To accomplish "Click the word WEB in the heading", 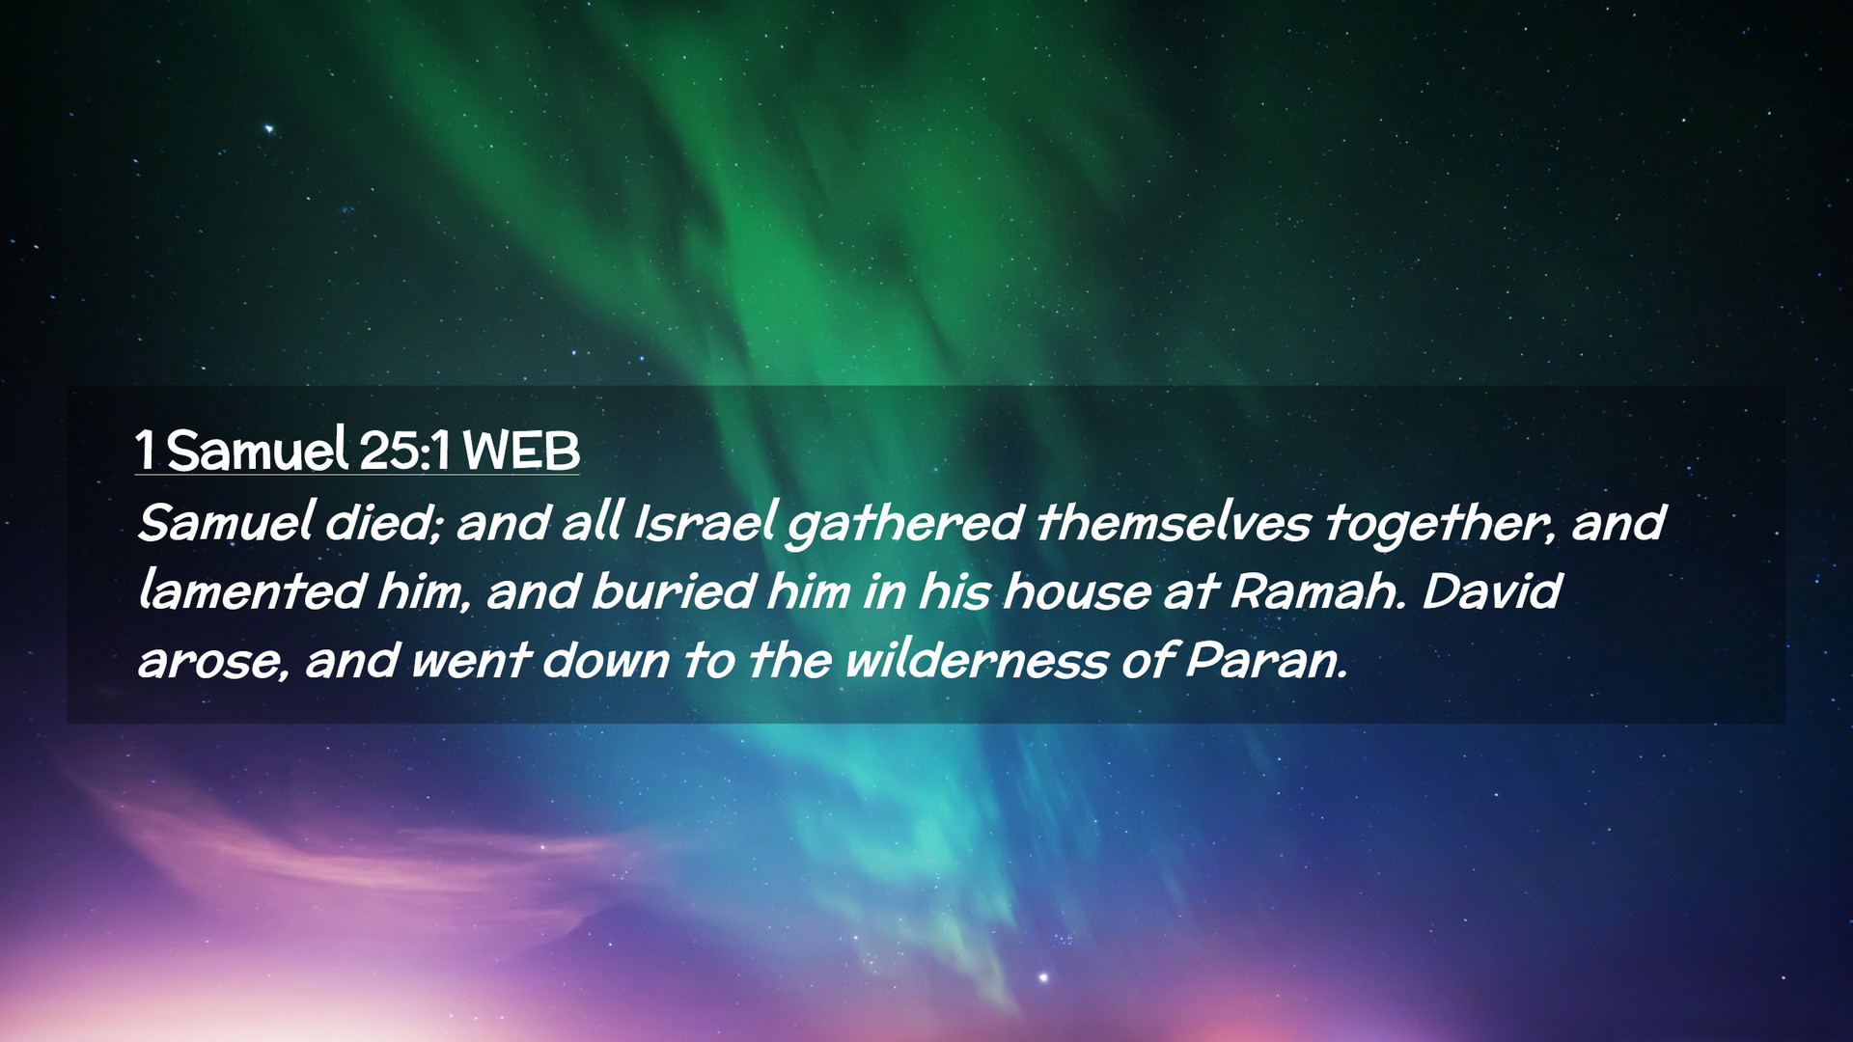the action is click(x=521, y=451).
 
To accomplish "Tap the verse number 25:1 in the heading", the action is click(x=404, y=451).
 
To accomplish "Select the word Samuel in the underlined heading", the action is click(x=257, y=449).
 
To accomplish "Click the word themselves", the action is click(x=1173, y=523).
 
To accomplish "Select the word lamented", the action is click(x=251, y=591).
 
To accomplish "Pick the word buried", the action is click(x=672, y=591).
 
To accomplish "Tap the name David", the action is click(x=1490, y=591).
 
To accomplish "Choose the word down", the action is click(x=605, y=661).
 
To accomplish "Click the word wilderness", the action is click(x=977, y=661).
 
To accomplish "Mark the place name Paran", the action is click(x=1264, y=661).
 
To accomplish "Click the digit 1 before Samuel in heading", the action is click(x=146, y=451).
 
